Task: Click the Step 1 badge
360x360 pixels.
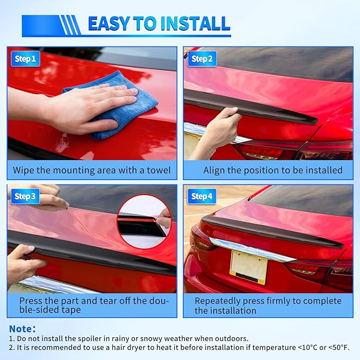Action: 25,59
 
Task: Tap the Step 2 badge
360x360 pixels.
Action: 202,59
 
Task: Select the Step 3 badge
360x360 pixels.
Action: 25,196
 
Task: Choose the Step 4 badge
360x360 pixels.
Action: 202,196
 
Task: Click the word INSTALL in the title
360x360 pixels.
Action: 195,23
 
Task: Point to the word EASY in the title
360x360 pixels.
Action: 109,23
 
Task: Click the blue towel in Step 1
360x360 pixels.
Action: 115,106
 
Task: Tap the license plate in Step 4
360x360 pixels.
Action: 249,267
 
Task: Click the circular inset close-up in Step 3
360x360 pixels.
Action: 144,222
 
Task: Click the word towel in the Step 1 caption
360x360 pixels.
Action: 159,170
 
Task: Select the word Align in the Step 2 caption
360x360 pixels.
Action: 214,171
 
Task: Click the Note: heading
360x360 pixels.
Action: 22,329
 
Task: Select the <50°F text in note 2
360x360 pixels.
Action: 339,348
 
